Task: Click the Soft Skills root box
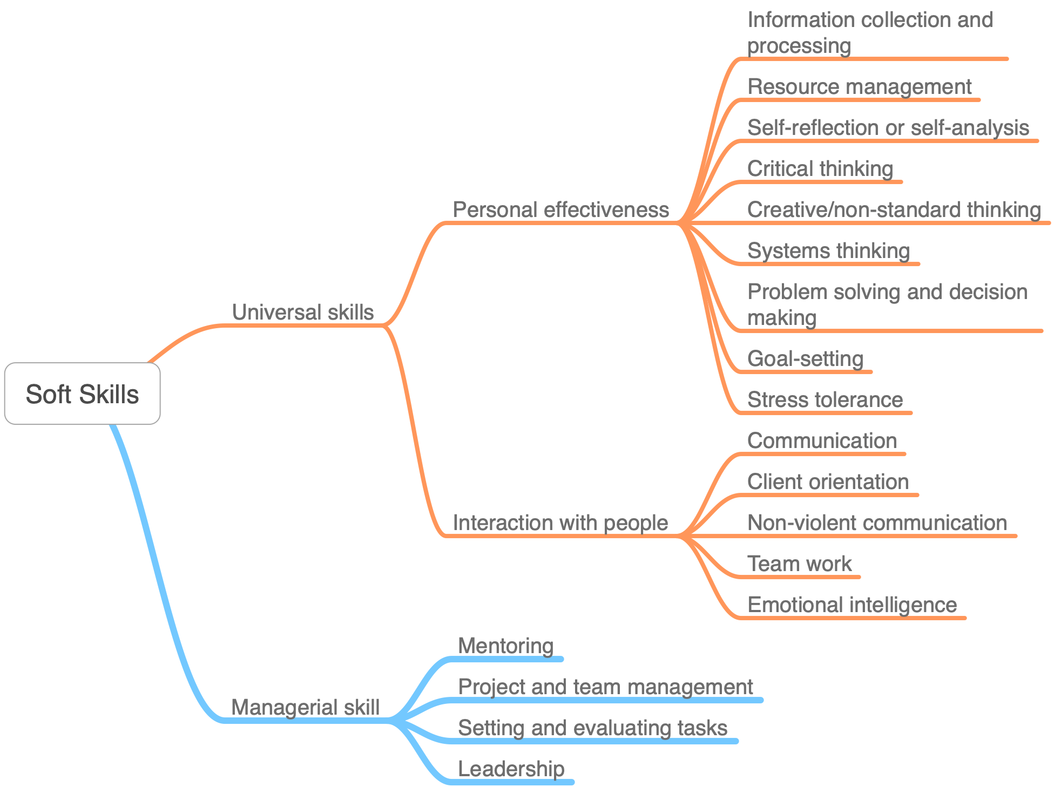pyautogui.click(x=82, y=393)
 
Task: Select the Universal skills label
pyautogui.click(x=302, y=312)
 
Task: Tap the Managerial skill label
pyautogui.click(x=305, y=707)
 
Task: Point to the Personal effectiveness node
pyautogui.click(x=560, y=209)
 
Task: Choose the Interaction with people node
pyautogui.click(x=560, y=523)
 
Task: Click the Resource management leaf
pyautogui.click(x=859, y=86)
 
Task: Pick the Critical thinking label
pyautogui.click(x=820, y=168)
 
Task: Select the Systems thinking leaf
pyautogui.click(x=828, y=250)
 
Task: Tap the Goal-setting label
pyautogui.click(x=805, y=358)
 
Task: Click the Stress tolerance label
pyautogui.click(x=825, y=399)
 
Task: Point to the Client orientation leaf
pyautogui.click(x=828, y=481)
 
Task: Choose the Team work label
pyautogui.click(x=799, y=564)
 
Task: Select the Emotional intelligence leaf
pyautogui.click(x=852, y=605)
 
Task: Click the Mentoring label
pyautogui.click(x=505, y=646)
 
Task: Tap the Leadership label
pyautogui.click(x=511, y=769)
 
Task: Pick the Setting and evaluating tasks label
pyautogui.click(x=592, y=728)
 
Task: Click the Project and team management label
pyautogui.click(x=605, y=687)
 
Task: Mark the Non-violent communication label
pyautogui.click(x=877, y=523)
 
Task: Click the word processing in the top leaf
pyautogui.click(x=799, y=46)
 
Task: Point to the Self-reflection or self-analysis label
pyautogui.click(x=888, y=127)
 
